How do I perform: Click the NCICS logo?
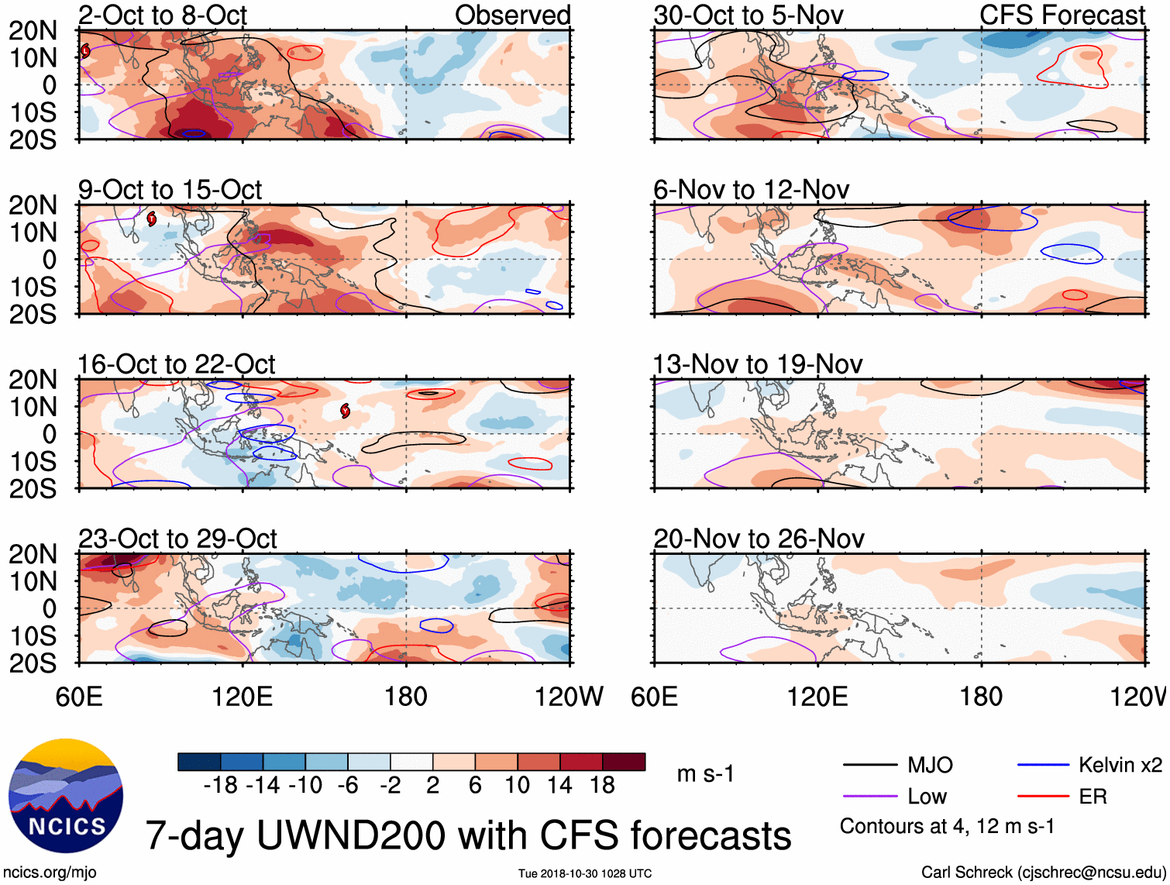pyautogui.click(x=66, y=796)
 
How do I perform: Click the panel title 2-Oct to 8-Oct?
pyautogui.click(x=162, y=15)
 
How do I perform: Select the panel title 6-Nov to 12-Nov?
pyautogui.click(x=751, y=190)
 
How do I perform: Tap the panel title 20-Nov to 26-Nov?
pyautogui.click(x=759, y=539)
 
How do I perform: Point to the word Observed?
pyautogui.click(x=512, y=15)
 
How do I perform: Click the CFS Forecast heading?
pyautogui.click(x=1062, y=15)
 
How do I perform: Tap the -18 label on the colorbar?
pyautogui.click(x=221, y=786)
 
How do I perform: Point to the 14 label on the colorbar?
pyautogui.click(x=559, y=786)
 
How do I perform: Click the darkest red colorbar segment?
pyautogui.click(x=624, y=762)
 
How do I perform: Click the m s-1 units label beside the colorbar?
pyautogui.click(x=705, y=774)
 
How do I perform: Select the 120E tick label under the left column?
pyautogui.click(x=243, y=697)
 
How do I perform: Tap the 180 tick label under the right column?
pyautogui.click(x=981, y=697)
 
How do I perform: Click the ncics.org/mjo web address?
pyautogui.click(x=50, y=873)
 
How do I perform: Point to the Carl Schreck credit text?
pyautogui.click(x=1043, y=873)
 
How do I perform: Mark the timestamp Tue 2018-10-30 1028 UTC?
pyautogui.click(x=585, y=874)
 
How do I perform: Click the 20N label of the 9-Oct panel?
pyautogui.click(x=33, y=205)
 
